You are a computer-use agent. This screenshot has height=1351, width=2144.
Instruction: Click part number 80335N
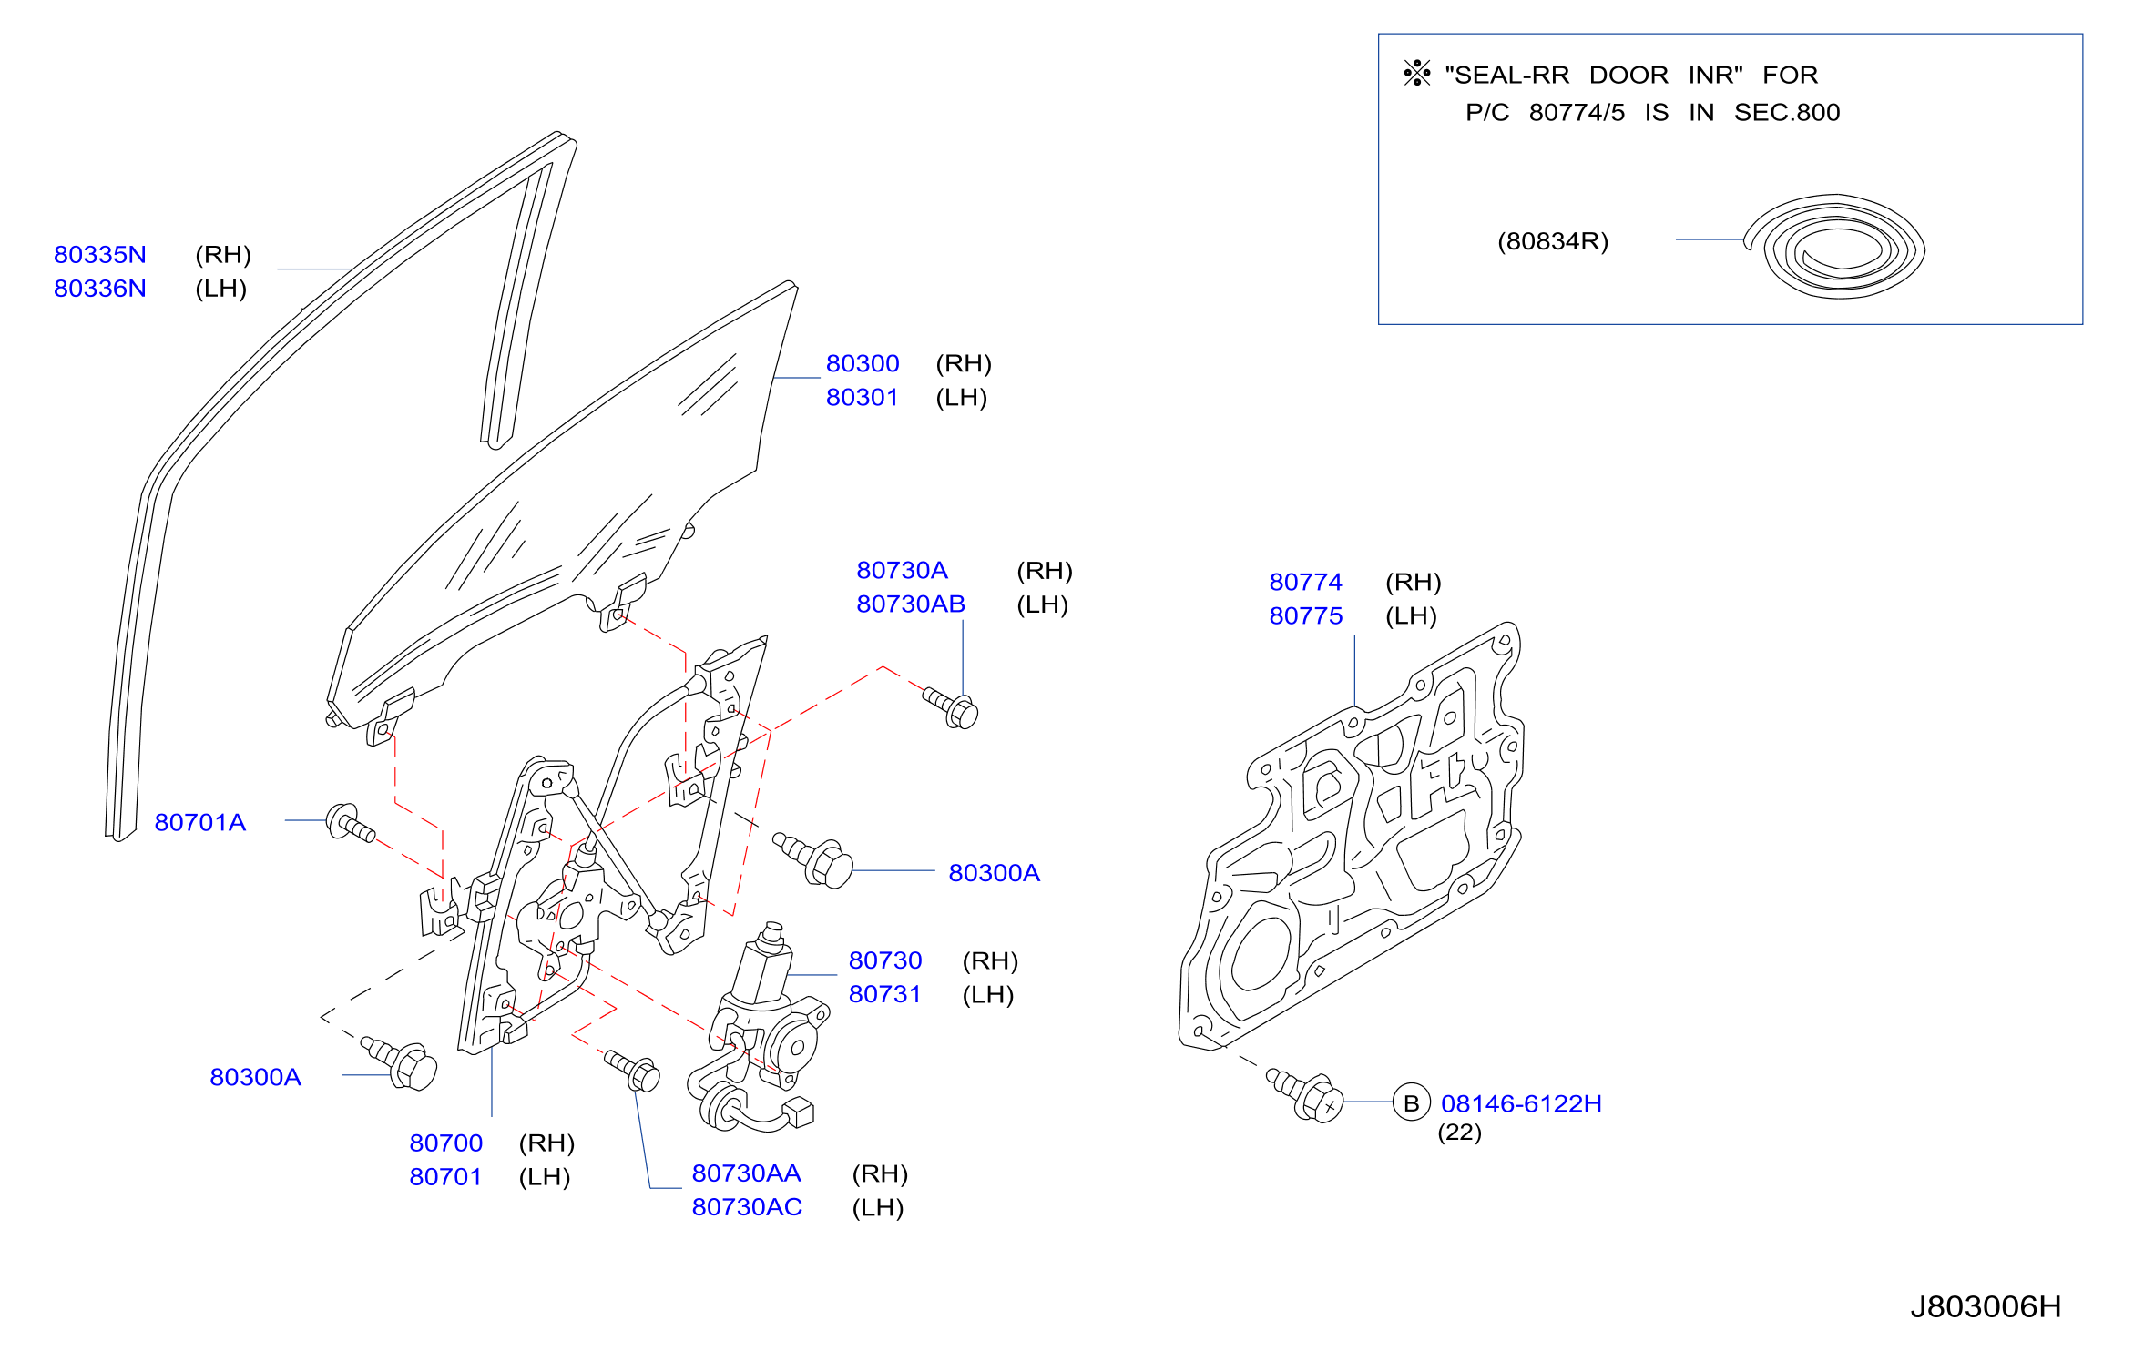100,254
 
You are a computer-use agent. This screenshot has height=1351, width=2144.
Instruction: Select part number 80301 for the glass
863,397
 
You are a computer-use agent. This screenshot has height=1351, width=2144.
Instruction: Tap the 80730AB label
911,604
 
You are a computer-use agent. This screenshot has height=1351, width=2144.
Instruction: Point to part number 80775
1306,615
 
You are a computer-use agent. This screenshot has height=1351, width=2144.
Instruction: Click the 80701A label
200,822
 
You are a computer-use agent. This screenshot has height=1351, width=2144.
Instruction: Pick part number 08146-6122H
1521,1103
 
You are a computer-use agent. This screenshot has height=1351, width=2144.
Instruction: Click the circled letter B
1412,1103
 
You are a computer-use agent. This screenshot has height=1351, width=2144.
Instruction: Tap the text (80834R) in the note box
1553,241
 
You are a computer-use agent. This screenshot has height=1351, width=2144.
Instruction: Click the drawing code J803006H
1986,1307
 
